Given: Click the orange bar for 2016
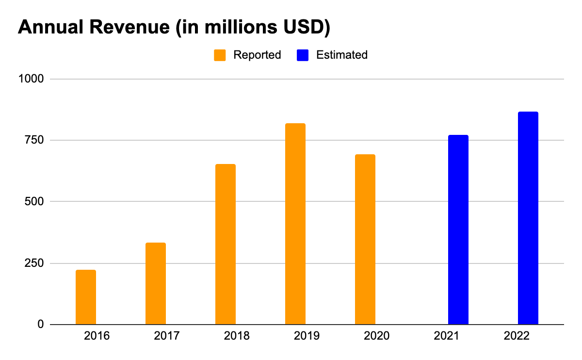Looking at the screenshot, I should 86,297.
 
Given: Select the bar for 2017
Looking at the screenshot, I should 156,283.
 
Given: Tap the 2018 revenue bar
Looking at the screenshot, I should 226,244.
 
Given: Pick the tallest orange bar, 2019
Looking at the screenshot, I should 295,224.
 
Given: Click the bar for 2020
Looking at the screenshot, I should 365,239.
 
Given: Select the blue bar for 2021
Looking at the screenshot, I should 458,229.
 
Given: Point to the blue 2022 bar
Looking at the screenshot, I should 528,218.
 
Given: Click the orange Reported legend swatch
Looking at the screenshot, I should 220,55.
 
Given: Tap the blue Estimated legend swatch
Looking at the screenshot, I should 303,55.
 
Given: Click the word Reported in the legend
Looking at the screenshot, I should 257,55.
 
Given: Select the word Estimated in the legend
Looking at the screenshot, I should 341,55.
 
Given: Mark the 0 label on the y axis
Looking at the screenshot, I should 41,324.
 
